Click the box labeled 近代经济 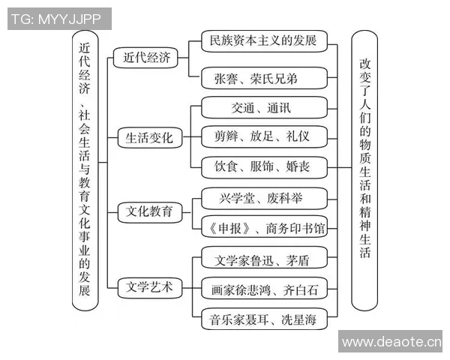[147, 58]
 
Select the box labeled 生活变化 [147, 138]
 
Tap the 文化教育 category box [147, 211]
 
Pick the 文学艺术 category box [147, 286]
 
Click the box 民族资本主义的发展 [264, 40]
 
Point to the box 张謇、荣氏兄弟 [264, 79]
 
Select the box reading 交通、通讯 [264, 108]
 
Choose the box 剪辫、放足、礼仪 [264, 136]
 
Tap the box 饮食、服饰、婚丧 [264, 166]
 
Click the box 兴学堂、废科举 [264, 199]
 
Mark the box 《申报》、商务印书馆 [264, 226]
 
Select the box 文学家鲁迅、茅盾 [264, 260]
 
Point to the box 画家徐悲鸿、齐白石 [264, 289]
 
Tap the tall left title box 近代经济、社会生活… [87, 169]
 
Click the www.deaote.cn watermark [391, 342]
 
